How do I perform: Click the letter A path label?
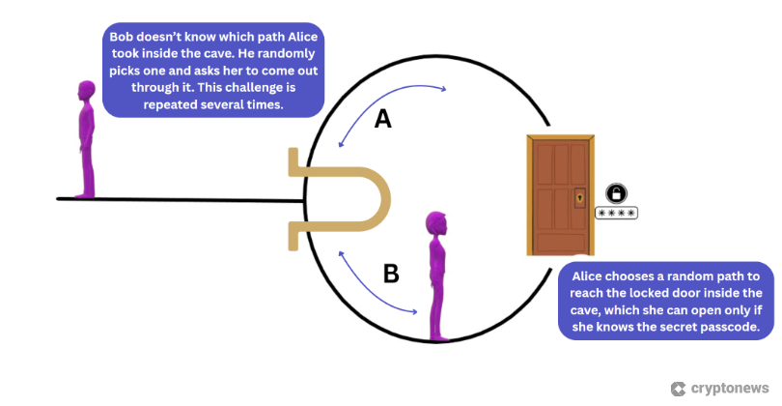pyautogui.click(x=382, y=119)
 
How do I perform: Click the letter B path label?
pyautogui.click(x=391, y=274)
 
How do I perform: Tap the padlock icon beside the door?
pyautogui.click(x=615, y=192)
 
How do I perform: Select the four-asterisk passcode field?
pyautogui.click(x=615, y=213)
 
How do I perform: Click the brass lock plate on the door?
pyautogui.click(x=579, y=197)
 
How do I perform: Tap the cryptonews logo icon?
pyautogui.click(x=677, y=388)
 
